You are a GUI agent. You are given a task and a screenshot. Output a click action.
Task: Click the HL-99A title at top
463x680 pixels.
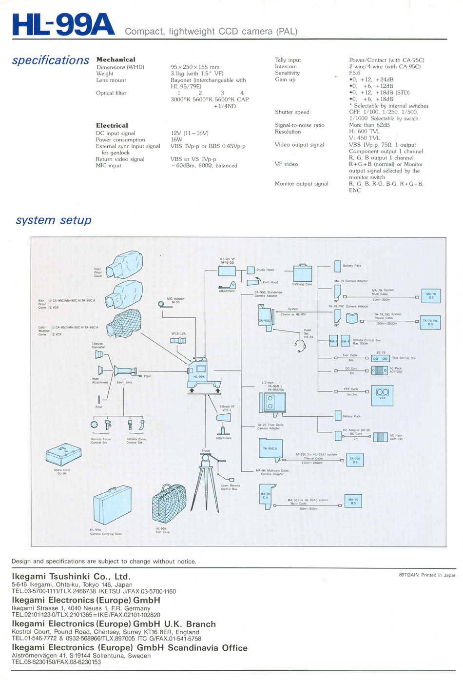(x=63, y=25)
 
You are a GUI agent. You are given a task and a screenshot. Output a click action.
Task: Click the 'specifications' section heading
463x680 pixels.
(x=51, y=60)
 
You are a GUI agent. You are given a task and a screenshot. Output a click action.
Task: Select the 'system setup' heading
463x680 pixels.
(x=54, y=220)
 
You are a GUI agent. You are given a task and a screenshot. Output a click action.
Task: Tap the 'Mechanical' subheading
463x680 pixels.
(x=116, y=59)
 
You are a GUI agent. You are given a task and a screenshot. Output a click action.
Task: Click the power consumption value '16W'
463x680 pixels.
(x=176, y=139)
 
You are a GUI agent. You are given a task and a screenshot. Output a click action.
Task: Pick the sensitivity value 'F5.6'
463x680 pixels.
(x=355, y=73)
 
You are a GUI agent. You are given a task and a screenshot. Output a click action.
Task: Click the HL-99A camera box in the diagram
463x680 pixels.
(x=199, y=372)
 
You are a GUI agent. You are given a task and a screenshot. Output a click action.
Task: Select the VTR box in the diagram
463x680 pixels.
(x=382, y=395)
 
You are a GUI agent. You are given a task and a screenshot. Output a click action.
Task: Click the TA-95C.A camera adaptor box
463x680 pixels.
(x=270, y=448)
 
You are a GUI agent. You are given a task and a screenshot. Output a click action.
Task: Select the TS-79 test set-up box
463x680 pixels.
(x=380, y=358)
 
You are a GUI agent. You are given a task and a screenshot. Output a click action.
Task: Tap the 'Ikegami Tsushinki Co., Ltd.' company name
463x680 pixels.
(x=71, y=577)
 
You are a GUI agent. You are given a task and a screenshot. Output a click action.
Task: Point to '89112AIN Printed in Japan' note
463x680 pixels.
(x=427, y=575)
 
